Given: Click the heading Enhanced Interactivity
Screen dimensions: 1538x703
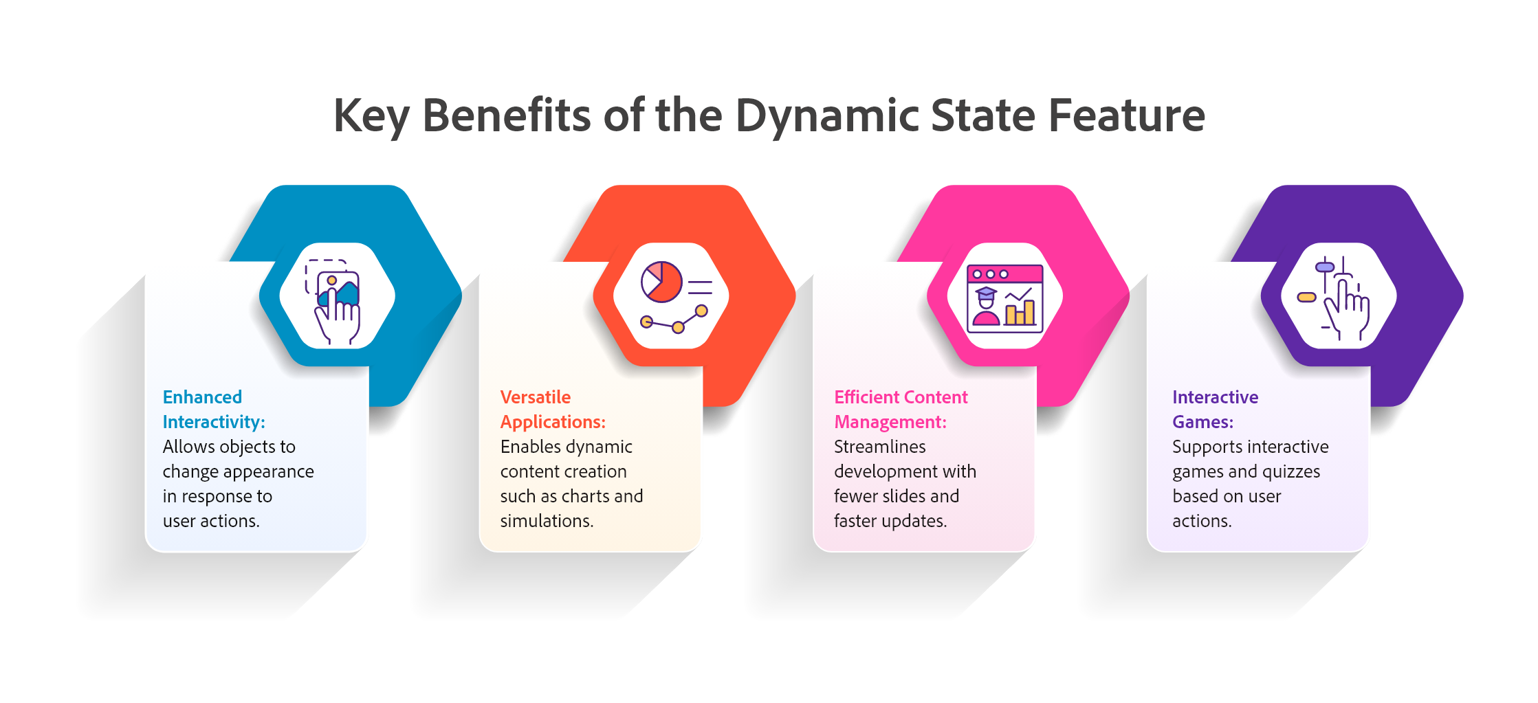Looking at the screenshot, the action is pyautogui.click(x=214, y=410).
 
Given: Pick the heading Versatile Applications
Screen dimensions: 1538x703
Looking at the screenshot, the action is pyautogui.click(x=553, y=410).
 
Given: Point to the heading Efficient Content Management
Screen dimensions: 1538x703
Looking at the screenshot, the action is pyautogui.click(x=901, y=410).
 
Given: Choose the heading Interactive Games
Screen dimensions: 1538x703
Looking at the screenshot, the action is pyautogui.click(x=1215, y=410).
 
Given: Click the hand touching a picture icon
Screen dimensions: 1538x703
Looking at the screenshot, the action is pyautogui.click(x=334, y=300).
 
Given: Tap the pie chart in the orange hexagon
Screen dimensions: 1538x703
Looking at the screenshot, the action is pyautogui.click(x=661, y=282).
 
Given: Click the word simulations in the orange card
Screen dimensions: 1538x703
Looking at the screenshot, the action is pyautogui.click(x=546, y=521).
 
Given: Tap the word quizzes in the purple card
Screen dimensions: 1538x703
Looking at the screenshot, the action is pyautogui.click(x=1291, y=472).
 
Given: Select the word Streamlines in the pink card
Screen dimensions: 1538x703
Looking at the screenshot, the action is pyautogui.click(x=879, y=447).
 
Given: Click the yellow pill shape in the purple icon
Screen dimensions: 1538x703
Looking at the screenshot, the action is pyautogui.click(x=1306, y=298).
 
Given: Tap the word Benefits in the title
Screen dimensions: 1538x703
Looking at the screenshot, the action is pyautogui.click(x=506, y=115).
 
